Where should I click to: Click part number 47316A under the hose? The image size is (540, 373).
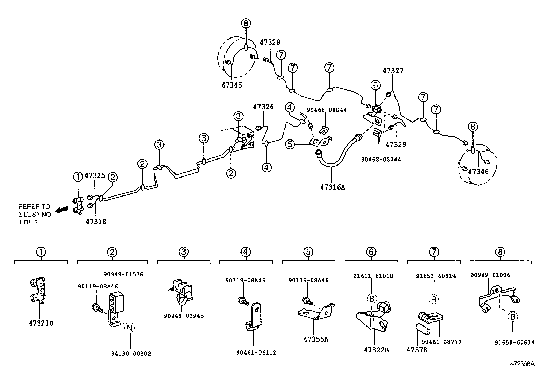pyautogui.click(x=332, y=187)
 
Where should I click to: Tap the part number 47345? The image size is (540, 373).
pyautogui.click(x=232, y=85)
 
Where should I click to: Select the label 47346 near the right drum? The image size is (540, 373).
pyautogui.click(x=478, y=172)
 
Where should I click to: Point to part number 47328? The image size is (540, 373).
pyautogui.click(x=270, y=42)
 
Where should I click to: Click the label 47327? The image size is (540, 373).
pyautogui.click(x=393, y=71)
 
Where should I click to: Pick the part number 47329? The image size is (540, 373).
pyautogui.click(x=396, y=144)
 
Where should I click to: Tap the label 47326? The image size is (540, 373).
pyautogui.click(x=263, y=107)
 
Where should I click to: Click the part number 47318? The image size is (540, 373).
pyautogui.click(x=96, y=222)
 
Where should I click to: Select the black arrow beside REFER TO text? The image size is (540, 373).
pyautogui.click(x=61, y=210)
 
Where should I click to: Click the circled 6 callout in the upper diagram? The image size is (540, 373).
pyautogui.click(x=375, y=85)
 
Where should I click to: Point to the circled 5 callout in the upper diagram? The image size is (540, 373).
pyautogui.click(x=290, y=144)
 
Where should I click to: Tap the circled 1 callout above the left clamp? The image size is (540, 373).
pyautogui.click(x=78, y=176)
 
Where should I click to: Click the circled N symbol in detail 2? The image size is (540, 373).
pyautogui.click(x=129, y=328)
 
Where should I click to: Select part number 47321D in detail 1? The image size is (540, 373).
pyautogui.click(x=41, y=323)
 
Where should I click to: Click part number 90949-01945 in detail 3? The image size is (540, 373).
pyautogui.click(x=184, y=316)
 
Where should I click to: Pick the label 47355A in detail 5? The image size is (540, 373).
pyautogui.click(x=316, y=339)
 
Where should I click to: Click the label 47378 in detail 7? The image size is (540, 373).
pyautogui.click(x=417, y=349)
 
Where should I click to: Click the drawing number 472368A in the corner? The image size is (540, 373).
pyautogui.click(x=522, y=364)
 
